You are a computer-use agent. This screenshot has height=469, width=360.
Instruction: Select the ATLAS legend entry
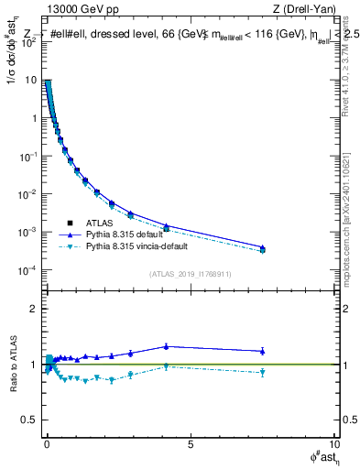(x=106, y=222)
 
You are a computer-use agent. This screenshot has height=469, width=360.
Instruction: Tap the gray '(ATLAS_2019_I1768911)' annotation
(x=190, y=273)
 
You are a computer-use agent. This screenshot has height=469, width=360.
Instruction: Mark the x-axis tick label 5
(x=190, y=445)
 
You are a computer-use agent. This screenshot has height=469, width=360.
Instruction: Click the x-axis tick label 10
(x=333, y=445)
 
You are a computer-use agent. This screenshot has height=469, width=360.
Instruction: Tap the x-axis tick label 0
(x=46, y=445)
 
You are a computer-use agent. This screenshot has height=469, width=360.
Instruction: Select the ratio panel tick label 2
(x=32, y=309)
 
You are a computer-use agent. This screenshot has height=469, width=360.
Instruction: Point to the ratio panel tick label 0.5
(x=28, y=420)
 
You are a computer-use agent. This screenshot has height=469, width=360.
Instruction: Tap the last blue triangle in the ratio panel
(x=263, y=351)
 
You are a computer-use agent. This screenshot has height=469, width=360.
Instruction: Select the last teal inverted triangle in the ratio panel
(x=263, y=372)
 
